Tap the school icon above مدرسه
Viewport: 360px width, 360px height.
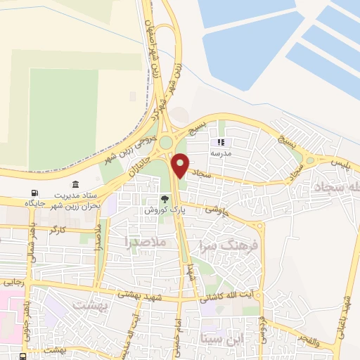[221, 141]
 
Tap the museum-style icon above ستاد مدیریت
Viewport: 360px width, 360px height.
[75, 183]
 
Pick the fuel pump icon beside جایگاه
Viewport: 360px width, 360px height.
[33, 193]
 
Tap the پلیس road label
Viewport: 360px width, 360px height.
[338, 162]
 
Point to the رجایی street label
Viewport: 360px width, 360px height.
[14, 281]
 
